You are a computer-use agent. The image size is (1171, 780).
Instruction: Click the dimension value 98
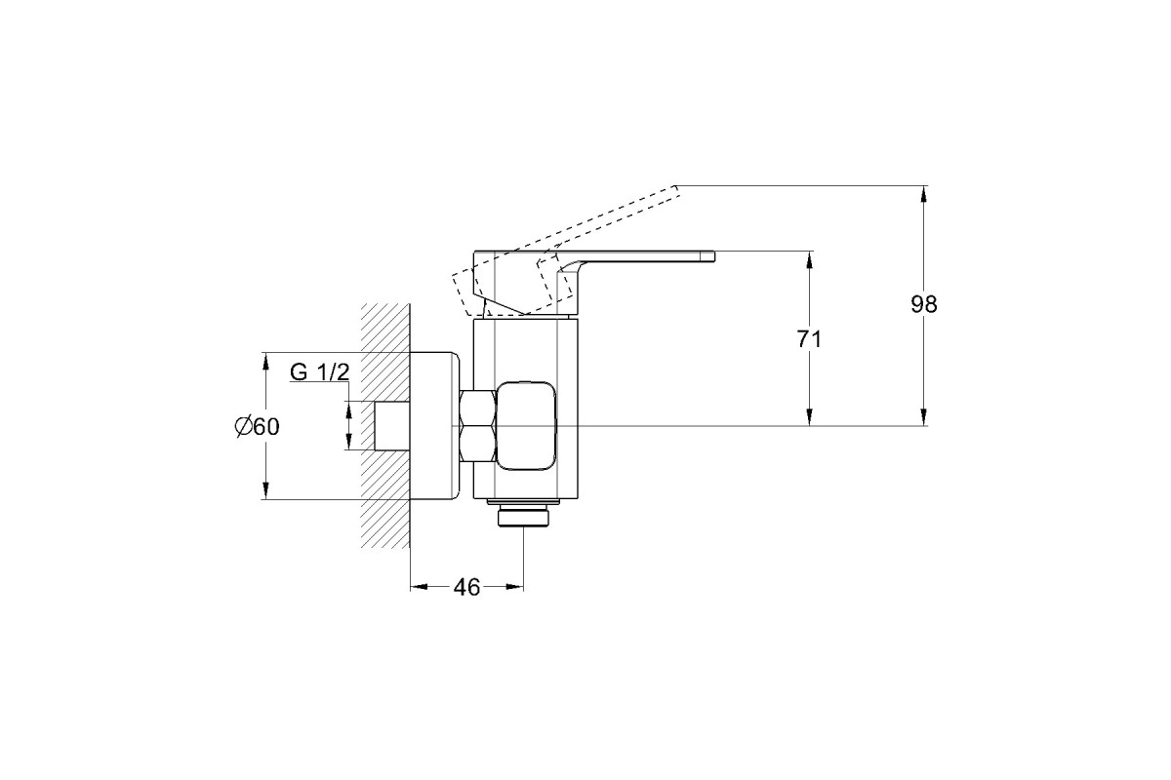pos(924,304)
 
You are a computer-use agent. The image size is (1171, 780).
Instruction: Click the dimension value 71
pos(809,339)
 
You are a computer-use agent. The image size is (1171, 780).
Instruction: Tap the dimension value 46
pos(466,587)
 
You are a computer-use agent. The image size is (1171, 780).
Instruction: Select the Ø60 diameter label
pos(257,427)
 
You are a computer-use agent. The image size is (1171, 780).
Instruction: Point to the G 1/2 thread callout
pos(319,372)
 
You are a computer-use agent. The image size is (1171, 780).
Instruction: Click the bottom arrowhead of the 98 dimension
pos(924,416)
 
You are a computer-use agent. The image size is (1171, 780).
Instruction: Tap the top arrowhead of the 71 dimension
pos(809,261)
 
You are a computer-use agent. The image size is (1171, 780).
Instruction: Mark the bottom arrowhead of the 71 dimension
pos(809,416)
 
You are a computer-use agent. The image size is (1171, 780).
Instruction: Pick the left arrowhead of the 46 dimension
pos(420,587)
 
